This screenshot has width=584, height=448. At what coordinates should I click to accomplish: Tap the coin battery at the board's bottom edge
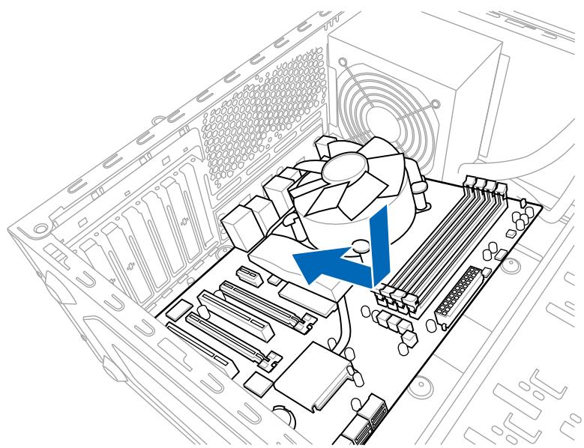[283, 416]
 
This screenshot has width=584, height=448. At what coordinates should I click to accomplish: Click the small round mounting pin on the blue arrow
[361, 243]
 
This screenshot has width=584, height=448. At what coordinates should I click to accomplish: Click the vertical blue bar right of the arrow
[381, 247]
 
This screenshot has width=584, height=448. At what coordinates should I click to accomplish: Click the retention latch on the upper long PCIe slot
[303, 324]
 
